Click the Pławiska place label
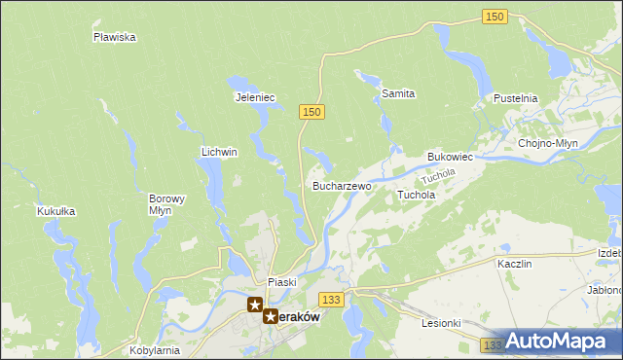pyautogui.click(x=114, y=37)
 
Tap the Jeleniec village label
pyautogui.click(x=256, y=97)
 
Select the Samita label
pyautogui.click(x=398, y=93)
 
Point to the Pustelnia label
pyautogui.click(x=515, y=98)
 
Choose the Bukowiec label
pyautogui.click(x=450, y=156)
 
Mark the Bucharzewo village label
pyautogui.click(x=341, y=185)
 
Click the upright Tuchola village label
pyautogui.click(x=416, y=195)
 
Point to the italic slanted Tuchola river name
pyautogui.click(x=438, y=176)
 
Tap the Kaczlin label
pyautogui.click(x=513, y=264)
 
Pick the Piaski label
pyautogui.click(x=281, y=281)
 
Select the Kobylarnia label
pyautogui.click(x=153, y=349)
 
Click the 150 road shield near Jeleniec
pyautogui.click(x=311, y=113)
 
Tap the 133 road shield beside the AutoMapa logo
pyautogui.click(x=492, y=344)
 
